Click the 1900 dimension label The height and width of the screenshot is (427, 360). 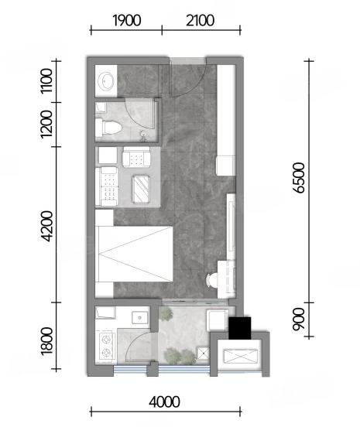pos(126,21)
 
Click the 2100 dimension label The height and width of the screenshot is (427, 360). pos(200,21)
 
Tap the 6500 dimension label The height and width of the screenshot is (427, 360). pos(299,178)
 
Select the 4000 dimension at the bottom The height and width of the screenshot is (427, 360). pos(164,402)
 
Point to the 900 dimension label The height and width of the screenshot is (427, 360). pos(299,319)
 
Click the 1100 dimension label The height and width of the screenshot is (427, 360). pos(46,81)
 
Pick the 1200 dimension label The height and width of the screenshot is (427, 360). pos(46,125)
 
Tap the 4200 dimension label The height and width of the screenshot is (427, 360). pos(47,226)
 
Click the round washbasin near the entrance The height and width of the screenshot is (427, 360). pos(106,81)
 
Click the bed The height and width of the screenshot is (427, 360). pos(134,254)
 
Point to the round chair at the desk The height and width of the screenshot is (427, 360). pos(212,280)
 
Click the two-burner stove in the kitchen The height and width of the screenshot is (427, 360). pos(106,346)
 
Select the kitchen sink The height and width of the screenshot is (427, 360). pos(140,318)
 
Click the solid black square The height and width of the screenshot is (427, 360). pos(239,328)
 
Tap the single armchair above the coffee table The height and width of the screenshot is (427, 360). pos(136,157)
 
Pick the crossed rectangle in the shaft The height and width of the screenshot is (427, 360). pos(240,356)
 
